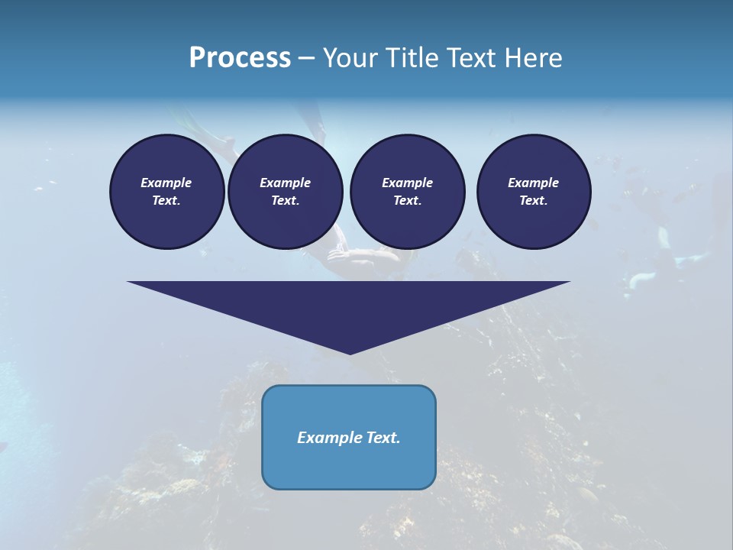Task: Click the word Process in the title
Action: point(240,58)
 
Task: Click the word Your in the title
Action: point(350,58)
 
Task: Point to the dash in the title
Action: point(307,59)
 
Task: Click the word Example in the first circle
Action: point(166,183)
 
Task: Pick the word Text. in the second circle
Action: point(285,200)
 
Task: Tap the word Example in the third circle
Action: point(407,183)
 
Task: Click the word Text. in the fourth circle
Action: point(534,200)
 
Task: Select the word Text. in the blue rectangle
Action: point(383,438)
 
